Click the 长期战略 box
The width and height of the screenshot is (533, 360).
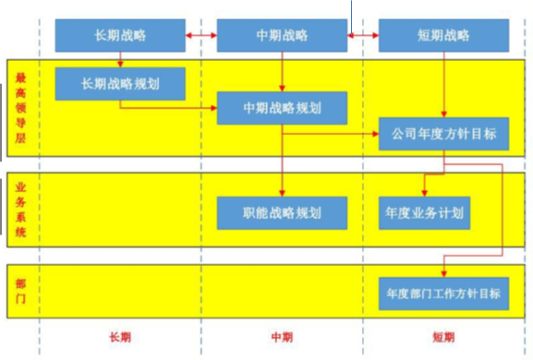(x=120, y=35)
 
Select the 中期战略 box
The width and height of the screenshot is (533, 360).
(x=282, y=35)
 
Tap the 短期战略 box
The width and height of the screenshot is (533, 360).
(x=444, y=35)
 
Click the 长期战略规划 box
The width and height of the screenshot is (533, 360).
(x=120, y=84)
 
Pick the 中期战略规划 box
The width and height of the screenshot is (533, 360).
(x=282, y=108)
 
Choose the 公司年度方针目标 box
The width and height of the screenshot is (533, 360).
(x=444, y=134)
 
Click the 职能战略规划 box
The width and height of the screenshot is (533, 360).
(x=282, y=213)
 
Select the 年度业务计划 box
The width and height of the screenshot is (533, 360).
(x=425, y=213)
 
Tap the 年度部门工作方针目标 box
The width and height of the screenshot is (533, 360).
(x=444, y=294)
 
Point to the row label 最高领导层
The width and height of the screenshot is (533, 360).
(x=20, y=108)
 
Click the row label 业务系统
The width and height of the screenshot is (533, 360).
(x=20, y=210)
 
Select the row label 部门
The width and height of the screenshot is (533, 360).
(x=20, y=291)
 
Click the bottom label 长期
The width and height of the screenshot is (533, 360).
(x=120, y=337)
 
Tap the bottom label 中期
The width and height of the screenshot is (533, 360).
(x=282, y=337)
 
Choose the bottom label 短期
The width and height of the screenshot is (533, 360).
(x=443, y=337)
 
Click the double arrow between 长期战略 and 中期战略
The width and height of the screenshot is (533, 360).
(x=201, y=35)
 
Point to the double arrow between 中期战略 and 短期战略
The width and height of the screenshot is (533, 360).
(x=363, y=35)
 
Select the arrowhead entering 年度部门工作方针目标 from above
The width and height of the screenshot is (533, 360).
(x=444, y=274)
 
